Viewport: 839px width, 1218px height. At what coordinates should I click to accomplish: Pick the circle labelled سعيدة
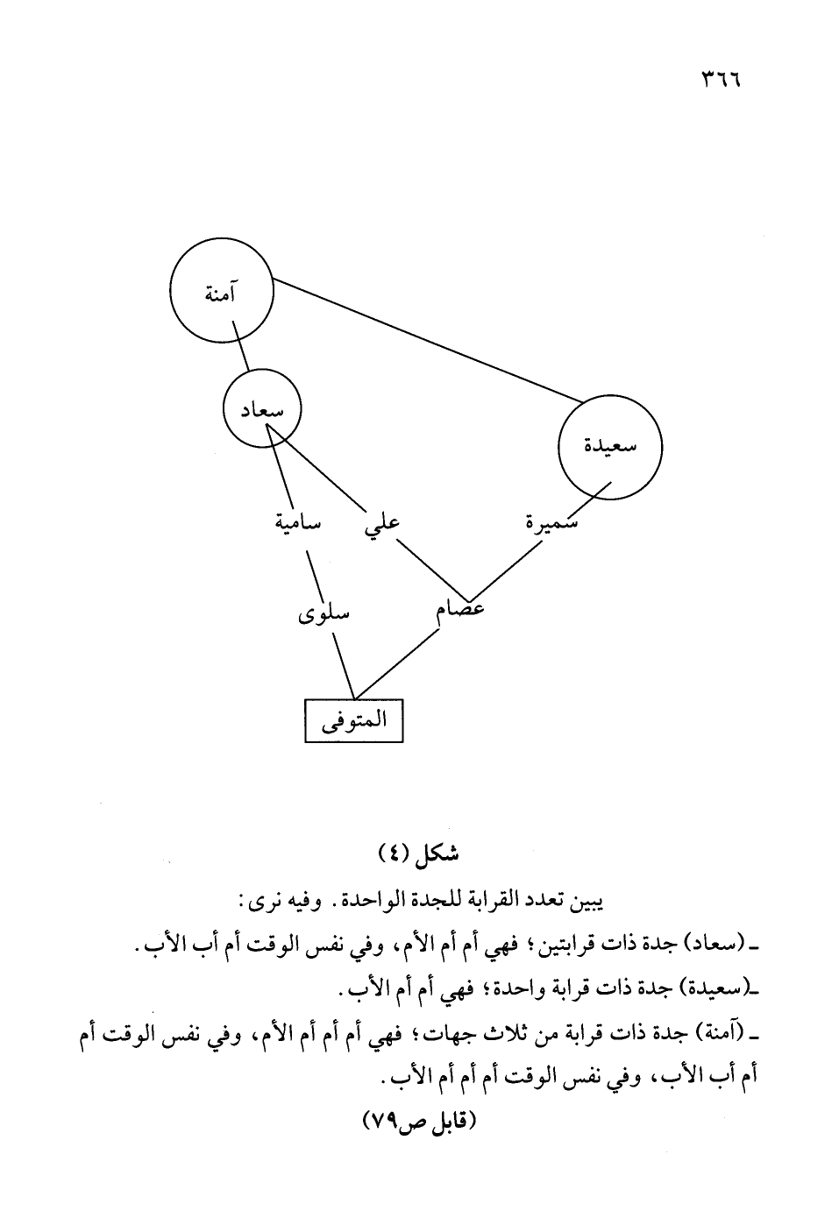[x=610, y=445]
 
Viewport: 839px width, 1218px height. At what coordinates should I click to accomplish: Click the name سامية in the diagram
[x=297, y=523]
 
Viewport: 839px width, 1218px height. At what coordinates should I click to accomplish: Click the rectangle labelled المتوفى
[x=353, y=720]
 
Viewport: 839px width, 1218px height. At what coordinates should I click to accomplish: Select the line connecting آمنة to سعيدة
[x=427, y=342]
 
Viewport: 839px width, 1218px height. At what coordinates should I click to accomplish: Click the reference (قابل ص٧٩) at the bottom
[x=418, y=1121]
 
